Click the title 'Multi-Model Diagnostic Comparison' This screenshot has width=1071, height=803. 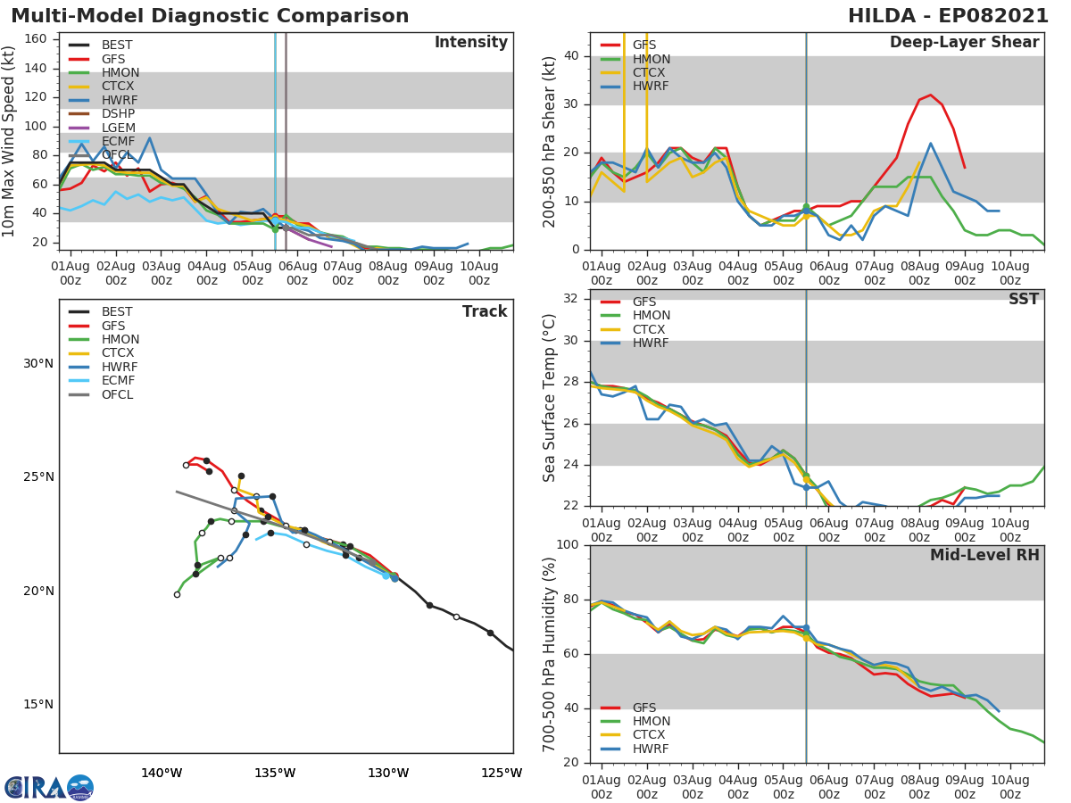[x=210, y=16]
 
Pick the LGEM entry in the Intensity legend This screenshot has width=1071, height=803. [x=118, y=128]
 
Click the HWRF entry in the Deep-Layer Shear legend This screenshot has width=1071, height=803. [x=650, y=87]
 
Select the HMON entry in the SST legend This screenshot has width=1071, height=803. [x=651, y=316]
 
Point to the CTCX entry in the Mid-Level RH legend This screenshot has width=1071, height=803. [x=650, y=735]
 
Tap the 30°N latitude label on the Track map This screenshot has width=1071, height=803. [x=38, y=363]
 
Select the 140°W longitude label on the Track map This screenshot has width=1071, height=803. [x=162, y=773]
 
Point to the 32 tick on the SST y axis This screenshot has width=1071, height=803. [x=570, y=299]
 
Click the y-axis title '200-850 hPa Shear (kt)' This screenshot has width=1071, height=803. [x=551, y=141]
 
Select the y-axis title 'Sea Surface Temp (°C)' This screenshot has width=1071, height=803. [x=551, y=398]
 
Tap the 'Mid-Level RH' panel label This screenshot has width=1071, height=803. [x=984, y=555]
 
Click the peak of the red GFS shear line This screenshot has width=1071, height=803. [x=930, y=95]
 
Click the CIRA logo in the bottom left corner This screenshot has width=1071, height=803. [x=49, y=788]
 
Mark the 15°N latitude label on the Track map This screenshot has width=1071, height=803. [x=38, y=704]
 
